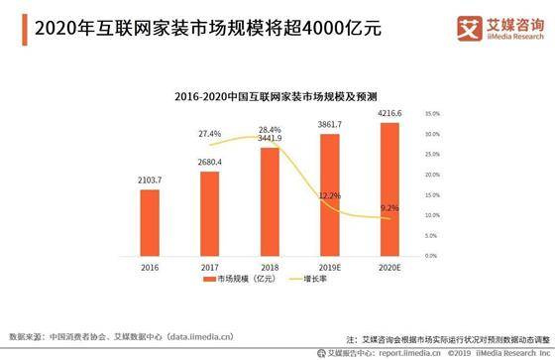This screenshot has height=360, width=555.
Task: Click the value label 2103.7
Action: tap(149, 180)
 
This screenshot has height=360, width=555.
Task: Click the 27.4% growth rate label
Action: tap(209, 133)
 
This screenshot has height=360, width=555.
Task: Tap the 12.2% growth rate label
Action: tap(330, 195)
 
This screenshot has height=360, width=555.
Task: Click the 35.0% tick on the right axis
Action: tap(431, 113)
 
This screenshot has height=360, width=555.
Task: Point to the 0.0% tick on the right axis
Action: tap(430, 256)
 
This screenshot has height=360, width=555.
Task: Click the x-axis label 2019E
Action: tap(329, 267)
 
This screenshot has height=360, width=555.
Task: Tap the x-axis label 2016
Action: tap(149, 267)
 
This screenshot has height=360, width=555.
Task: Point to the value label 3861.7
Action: tap(329, 124)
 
